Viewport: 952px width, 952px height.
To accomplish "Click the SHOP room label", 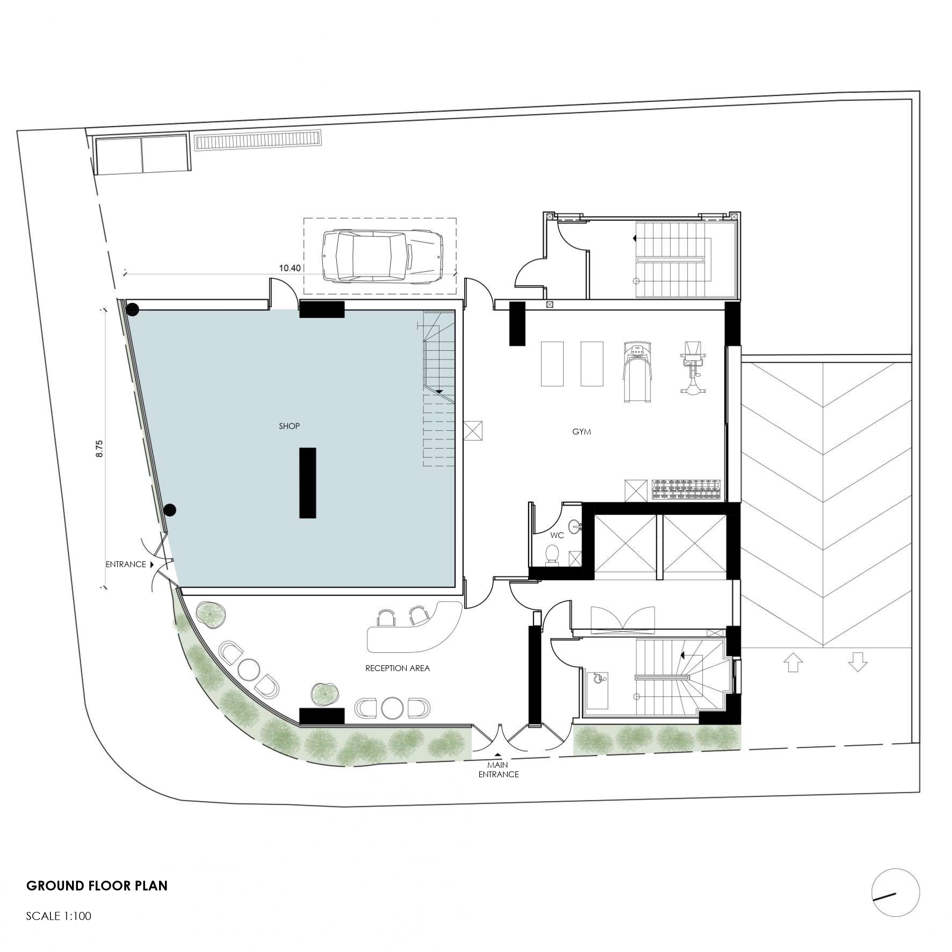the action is click(x=289, y=426).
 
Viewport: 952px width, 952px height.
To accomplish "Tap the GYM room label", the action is click(x=581, y=431).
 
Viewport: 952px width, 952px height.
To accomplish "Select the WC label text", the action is click(x=557, y=535).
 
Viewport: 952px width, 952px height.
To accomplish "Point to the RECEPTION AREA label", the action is click(x=398, y=668).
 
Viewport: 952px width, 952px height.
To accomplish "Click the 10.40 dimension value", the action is click(x=290, y=268).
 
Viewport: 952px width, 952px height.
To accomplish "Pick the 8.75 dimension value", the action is click(x=99, y=449).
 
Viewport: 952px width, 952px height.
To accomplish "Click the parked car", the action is click(x=382, y=256).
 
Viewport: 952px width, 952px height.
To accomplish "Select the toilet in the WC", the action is click(x=552, y=555).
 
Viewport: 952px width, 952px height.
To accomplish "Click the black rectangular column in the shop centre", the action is click(x=307, y=482).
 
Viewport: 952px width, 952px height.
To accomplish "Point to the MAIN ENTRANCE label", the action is click(x=499, y=769).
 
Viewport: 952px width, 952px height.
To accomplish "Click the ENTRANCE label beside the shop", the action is click(x=126, y=564).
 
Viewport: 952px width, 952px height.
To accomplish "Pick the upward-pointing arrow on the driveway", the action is click(x=794, y=662).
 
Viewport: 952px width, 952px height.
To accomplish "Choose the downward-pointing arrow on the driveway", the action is click(x=857, y=662).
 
